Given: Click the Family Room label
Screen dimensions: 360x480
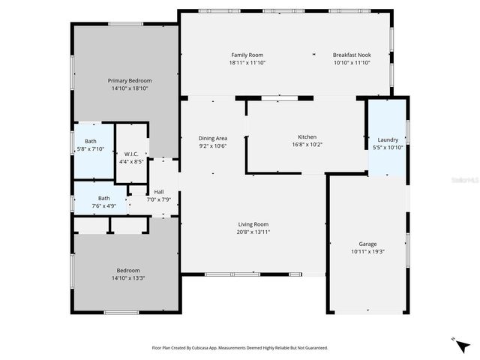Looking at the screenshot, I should coord(247,55).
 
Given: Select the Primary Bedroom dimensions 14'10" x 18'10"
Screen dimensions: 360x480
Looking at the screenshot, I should coord(130,88).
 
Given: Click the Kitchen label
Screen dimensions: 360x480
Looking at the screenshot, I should coord(307,137).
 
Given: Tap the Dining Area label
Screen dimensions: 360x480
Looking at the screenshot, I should coord(212,138).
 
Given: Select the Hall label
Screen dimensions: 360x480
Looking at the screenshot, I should coord(159,191).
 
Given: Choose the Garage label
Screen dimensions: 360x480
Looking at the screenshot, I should coord(367,244).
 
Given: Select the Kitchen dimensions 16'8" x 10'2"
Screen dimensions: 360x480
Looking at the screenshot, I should coord(307,145).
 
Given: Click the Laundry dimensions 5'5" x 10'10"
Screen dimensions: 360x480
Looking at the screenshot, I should coord(388,147).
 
